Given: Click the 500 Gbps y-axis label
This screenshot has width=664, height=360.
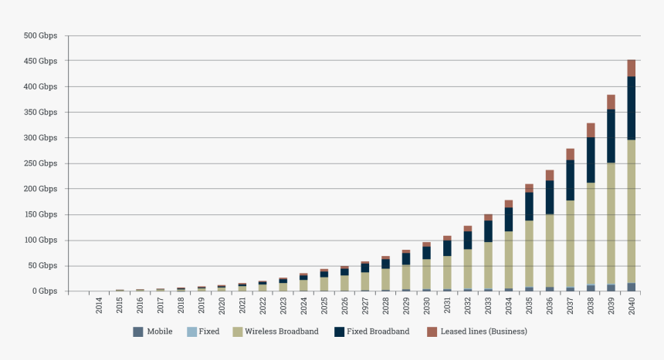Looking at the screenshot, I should point(40,35).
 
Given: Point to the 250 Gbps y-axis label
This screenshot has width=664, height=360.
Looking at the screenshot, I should point(40,163).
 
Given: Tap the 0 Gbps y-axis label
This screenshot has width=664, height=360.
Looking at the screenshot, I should point(44,291).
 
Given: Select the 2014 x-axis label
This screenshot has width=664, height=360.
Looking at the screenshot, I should point(100,305).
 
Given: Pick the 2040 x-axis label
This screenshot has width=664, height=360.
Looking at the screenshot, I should point(632,305).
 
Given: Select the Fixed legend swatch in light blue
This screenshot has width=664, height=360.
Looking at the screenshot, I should point(191,331).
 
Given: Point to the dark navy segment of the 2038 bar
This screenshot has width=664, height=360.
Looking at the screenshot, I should point(591,160).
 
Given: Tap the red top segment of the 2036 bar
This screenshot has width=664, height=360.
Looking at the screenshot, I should point(551,175).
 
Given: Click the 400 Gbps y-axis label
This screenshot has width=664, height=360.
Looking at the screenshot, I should point(40,86).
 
